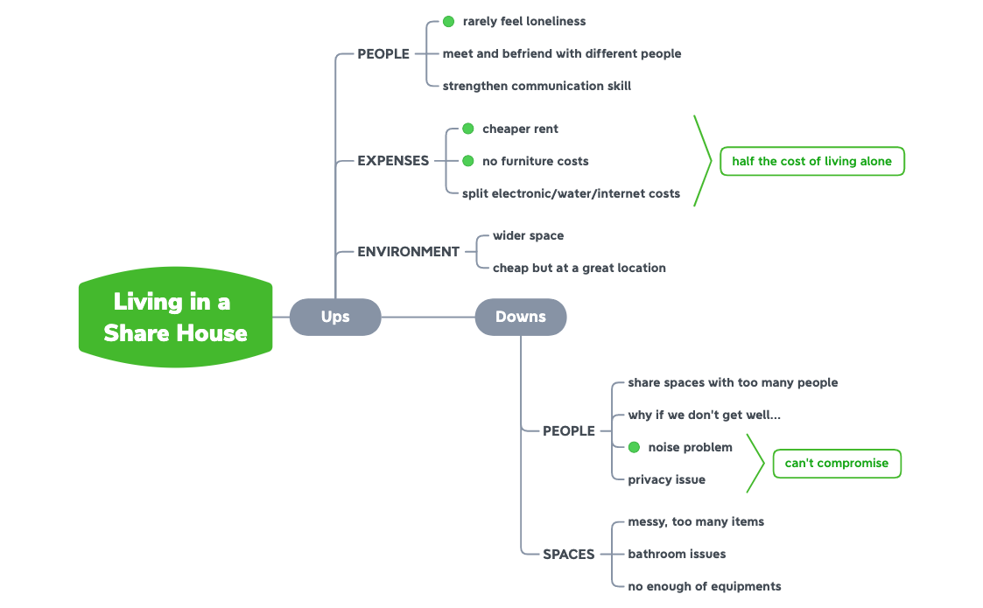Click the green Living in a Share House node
pos(175,318)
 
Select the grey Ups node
pos(335,317)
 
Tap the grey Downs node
pos(521,317)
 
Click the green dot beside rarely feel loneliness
pos(449,21)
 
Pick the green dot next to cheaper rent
pos(467,129)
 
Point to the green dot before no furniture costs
pos(467,161)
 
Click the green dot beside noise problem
pos(635,447)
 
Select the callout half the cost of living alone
pos(811,161)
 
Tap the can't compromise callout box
pos(836,463)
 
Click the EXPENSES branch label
pos(393,161)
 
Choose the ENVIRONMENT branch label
pos(408,251)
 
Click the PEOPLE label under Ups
pos(383,53)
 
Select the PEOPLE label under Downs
pos(569,430)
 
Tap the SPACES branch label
pos(569,554)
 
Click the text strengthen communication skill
pos(537,86)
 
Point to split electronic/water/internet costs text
pos(571,193)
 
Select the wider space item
pos(528,235)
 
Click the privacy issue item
pos(666,479)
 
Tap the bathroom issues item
pos(677,554)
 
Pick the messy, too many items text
pos(696,521)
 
